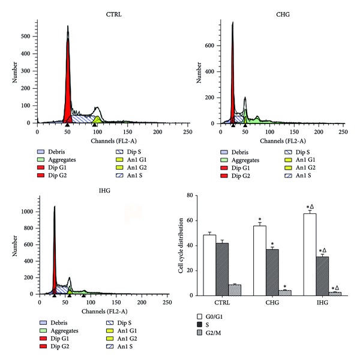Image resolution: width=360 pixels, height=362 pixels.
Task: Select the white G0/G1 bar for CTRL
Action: tap(210, 264)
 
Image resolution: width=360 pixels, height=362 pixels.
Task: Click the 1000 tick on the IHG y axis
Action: tap(26, 212)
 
